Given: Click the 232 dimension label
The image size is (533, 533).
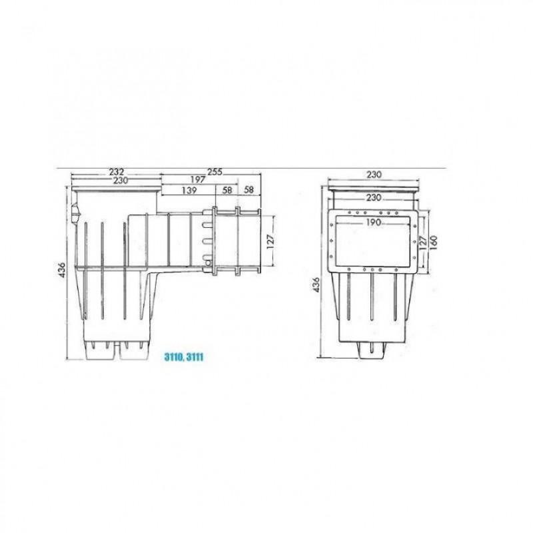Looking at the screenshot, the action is [x=117, y=173].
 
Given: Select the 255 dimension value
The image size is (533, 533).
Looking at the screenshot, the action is [x=215, y=172].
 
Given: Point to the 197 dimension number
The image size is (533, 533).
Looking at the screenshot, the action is [x=198, y=179].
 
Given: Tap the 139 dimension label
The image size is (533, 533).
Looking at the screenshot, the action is [x=189, y=190].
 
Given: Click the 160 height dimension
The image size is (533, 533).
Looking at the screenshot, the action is [x=434, y=243].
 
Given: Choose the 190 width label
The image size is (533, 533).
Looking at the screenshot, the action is [x=374, y=223].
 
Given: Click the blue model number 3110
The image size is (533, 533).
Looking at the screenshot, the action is [x=173, y=357].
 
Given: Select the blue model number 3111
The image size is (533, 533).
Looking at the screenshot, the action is [x=195, y=357].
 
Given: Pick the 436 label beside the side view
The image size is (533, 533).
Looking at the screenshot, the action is [x=62, y=270].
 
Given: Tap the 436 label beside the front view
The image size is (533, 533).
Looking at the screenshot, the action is [x=316, y=285].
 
